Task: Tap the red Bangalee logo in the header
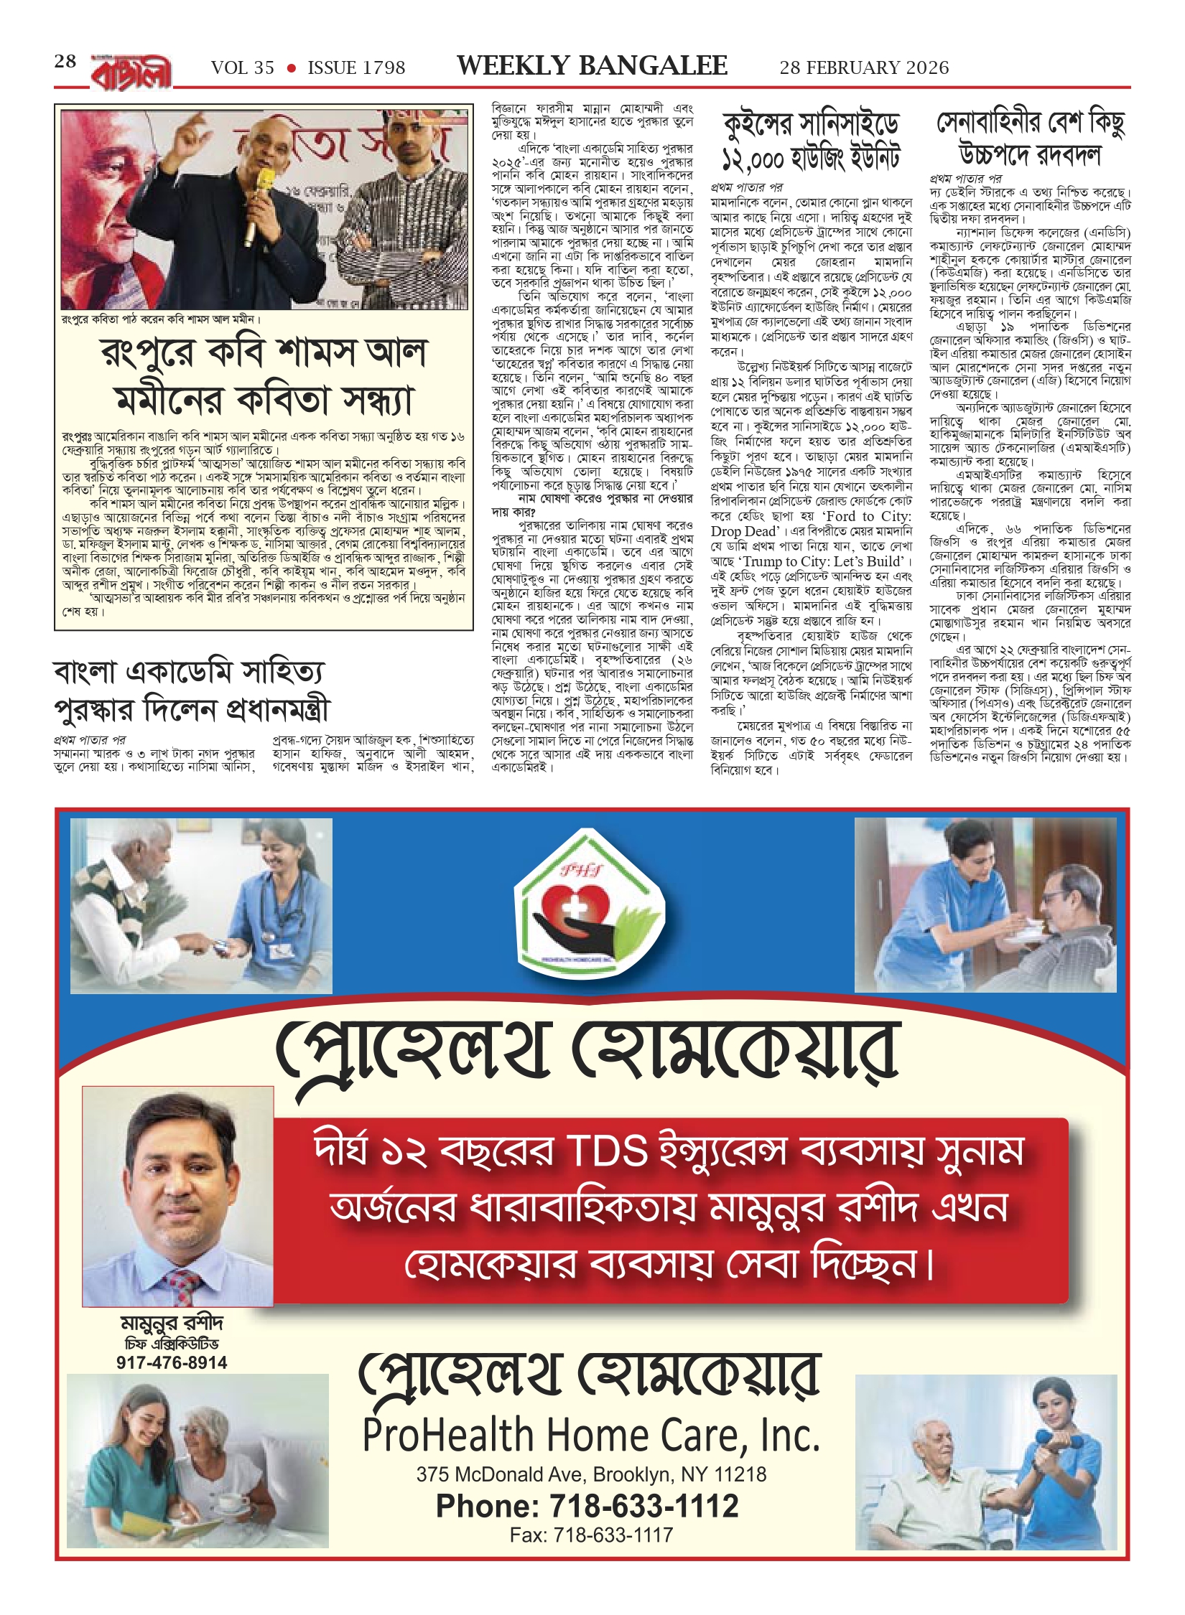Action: pos(131,72)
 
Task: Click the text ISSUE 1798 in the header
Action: pos(356,68)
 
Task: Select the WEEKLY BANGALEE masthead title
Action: pos(592,66)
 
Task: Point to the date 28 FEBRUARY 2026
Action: pos(864,68)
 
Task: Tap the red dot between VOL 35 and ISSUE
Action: pos(291,68)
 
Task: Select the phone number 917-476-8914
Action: pos(172,1362)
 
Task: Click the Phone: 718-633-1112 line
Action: pos(587,1506)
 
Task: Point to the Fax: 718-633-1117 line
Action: pos(591,1535)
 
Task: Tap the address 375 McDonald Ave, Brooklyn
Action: pos(591,1474)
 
